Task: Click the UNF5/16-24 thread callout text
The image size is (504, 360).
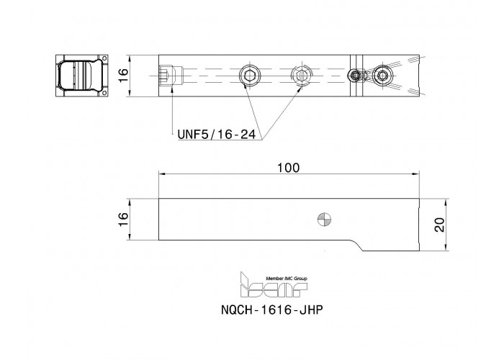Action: pos(217,135)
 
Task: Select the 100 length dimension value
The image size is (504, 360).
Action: pos(288,168)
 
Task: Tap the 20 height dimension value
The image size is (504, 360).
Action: pos(439,225)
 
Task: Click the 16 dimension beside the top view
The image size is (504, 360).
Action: pos(123,76)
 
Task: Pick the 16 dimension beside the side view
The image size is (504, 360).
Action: pos(123,220)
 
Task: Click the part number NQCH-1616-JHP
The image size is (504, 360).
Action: pos(271,310)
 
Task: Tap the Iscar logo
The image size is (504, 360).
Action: pos(273,284)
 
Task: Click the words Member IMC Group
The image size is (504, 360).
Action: pos(286,279)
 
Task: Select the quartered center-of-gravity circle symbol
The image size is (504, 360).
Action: pos(325,220)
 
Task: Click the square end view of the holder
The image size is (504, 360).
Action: pos(81,76)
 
